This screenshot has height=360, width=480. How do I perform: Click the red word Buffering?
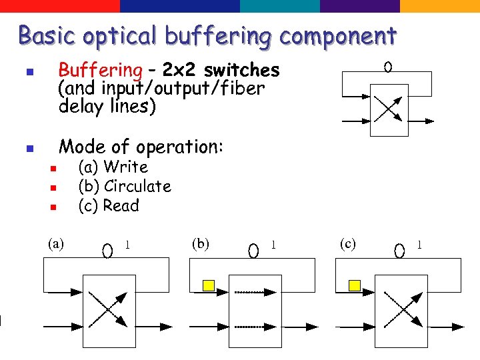100,70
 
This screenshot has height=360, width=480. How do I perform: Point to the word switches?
242,70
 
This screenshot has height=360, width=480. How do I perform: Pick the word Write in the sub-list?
126,167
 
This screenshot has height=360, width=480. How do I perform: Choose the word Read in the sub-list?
121,205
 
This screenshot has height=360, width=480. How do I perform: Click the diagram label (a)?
56,243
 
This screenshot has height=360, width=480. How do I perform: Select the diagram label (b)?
200,243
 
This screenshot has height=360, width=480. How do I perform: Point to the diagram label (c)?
347,243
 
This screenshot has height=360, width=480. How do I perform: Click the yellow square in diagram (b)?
208,286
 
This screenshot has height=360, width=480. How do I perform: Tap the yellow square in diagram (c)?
355,286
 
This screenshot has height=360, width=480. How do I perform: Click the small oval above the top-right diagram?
387,67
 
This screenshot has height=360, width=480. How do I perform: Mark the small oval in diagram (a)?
107,251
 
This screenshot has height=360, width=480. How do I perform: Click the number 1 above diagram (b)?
273,245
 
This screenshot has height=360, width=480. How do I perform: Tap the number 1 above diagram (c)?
419,245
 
